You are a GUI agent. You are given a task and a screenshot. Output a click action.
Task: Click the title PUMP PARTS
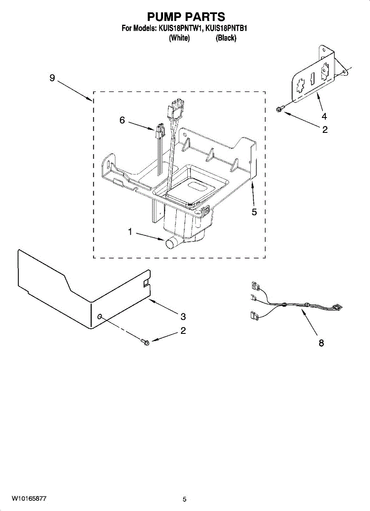(186, 17)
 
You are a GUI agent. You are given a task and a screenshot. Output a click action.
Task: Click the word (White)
(179, 38)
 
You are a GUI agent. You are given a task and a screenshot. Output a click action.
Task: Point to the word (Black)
(226, 38)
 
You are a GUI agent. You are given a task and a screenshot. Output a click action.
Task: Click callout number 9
(52, 78)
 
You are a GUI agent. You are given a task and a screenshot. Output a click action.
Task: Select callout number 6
(122, 121)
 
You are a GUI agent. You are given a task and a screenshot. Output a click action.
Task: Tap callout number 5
(254, 212)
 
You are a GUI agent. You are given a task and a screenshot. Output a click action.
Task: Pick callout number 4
(324, 116)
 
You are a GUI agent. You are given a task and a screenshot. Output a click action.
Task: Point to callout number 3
(183, 316)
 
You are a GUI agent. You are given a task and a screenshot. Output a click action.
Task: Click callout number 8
(321, 342)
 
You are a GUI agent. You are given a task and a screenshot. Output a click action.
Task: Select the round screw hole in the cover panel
(100, 317)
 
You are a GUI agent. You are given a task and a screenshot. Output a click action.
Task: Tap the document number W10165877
(29, 498)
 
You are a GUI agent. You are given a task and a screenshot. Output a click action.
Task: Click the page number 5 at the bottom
(184, 499)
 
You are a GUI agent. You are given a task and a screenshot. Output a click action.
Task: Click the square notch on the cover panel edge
(146, 281)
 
